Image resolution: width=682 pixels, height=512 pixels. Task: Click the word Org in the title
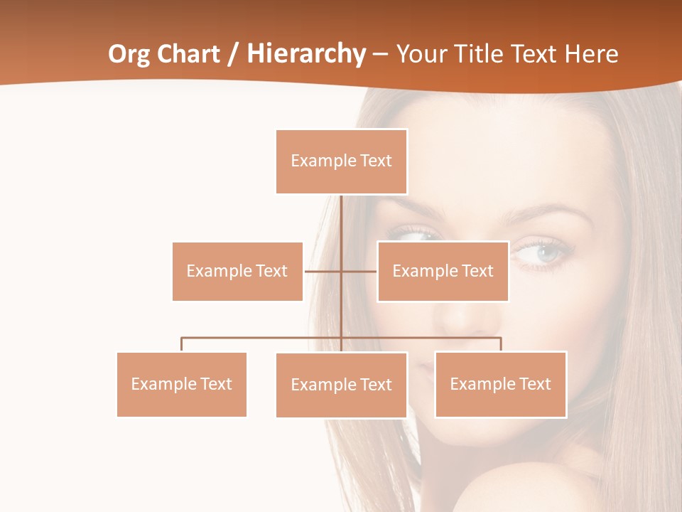click(x=128, y=55)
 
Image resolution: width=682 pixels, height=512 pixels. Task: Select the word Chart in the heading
click(x=185, y=55)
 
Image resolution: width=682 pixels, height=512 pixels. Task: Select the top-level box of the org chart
click(x=341, y=161)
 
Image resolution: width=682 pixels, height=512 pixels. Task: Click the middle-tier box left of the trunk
click(x=237, y=271)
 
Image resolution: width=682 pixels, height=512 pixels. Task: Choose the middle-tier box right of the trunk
click(x=443, y=271)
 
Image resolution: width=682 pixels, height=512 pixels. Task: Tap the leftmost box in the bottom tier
click(x=181, y=384)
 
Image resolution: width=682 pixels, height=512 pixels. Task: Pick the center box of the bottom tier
click(x=341, y=385)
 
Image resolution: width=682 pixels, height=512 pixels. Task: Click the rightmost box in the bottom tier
click(x=500, y=384)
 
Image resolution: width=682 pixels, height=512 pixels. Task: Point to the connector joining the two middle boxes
click(x=359, y=271)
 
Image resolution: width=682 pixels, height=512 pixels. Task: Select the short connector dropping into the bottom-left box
click(x=181, y=344)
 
